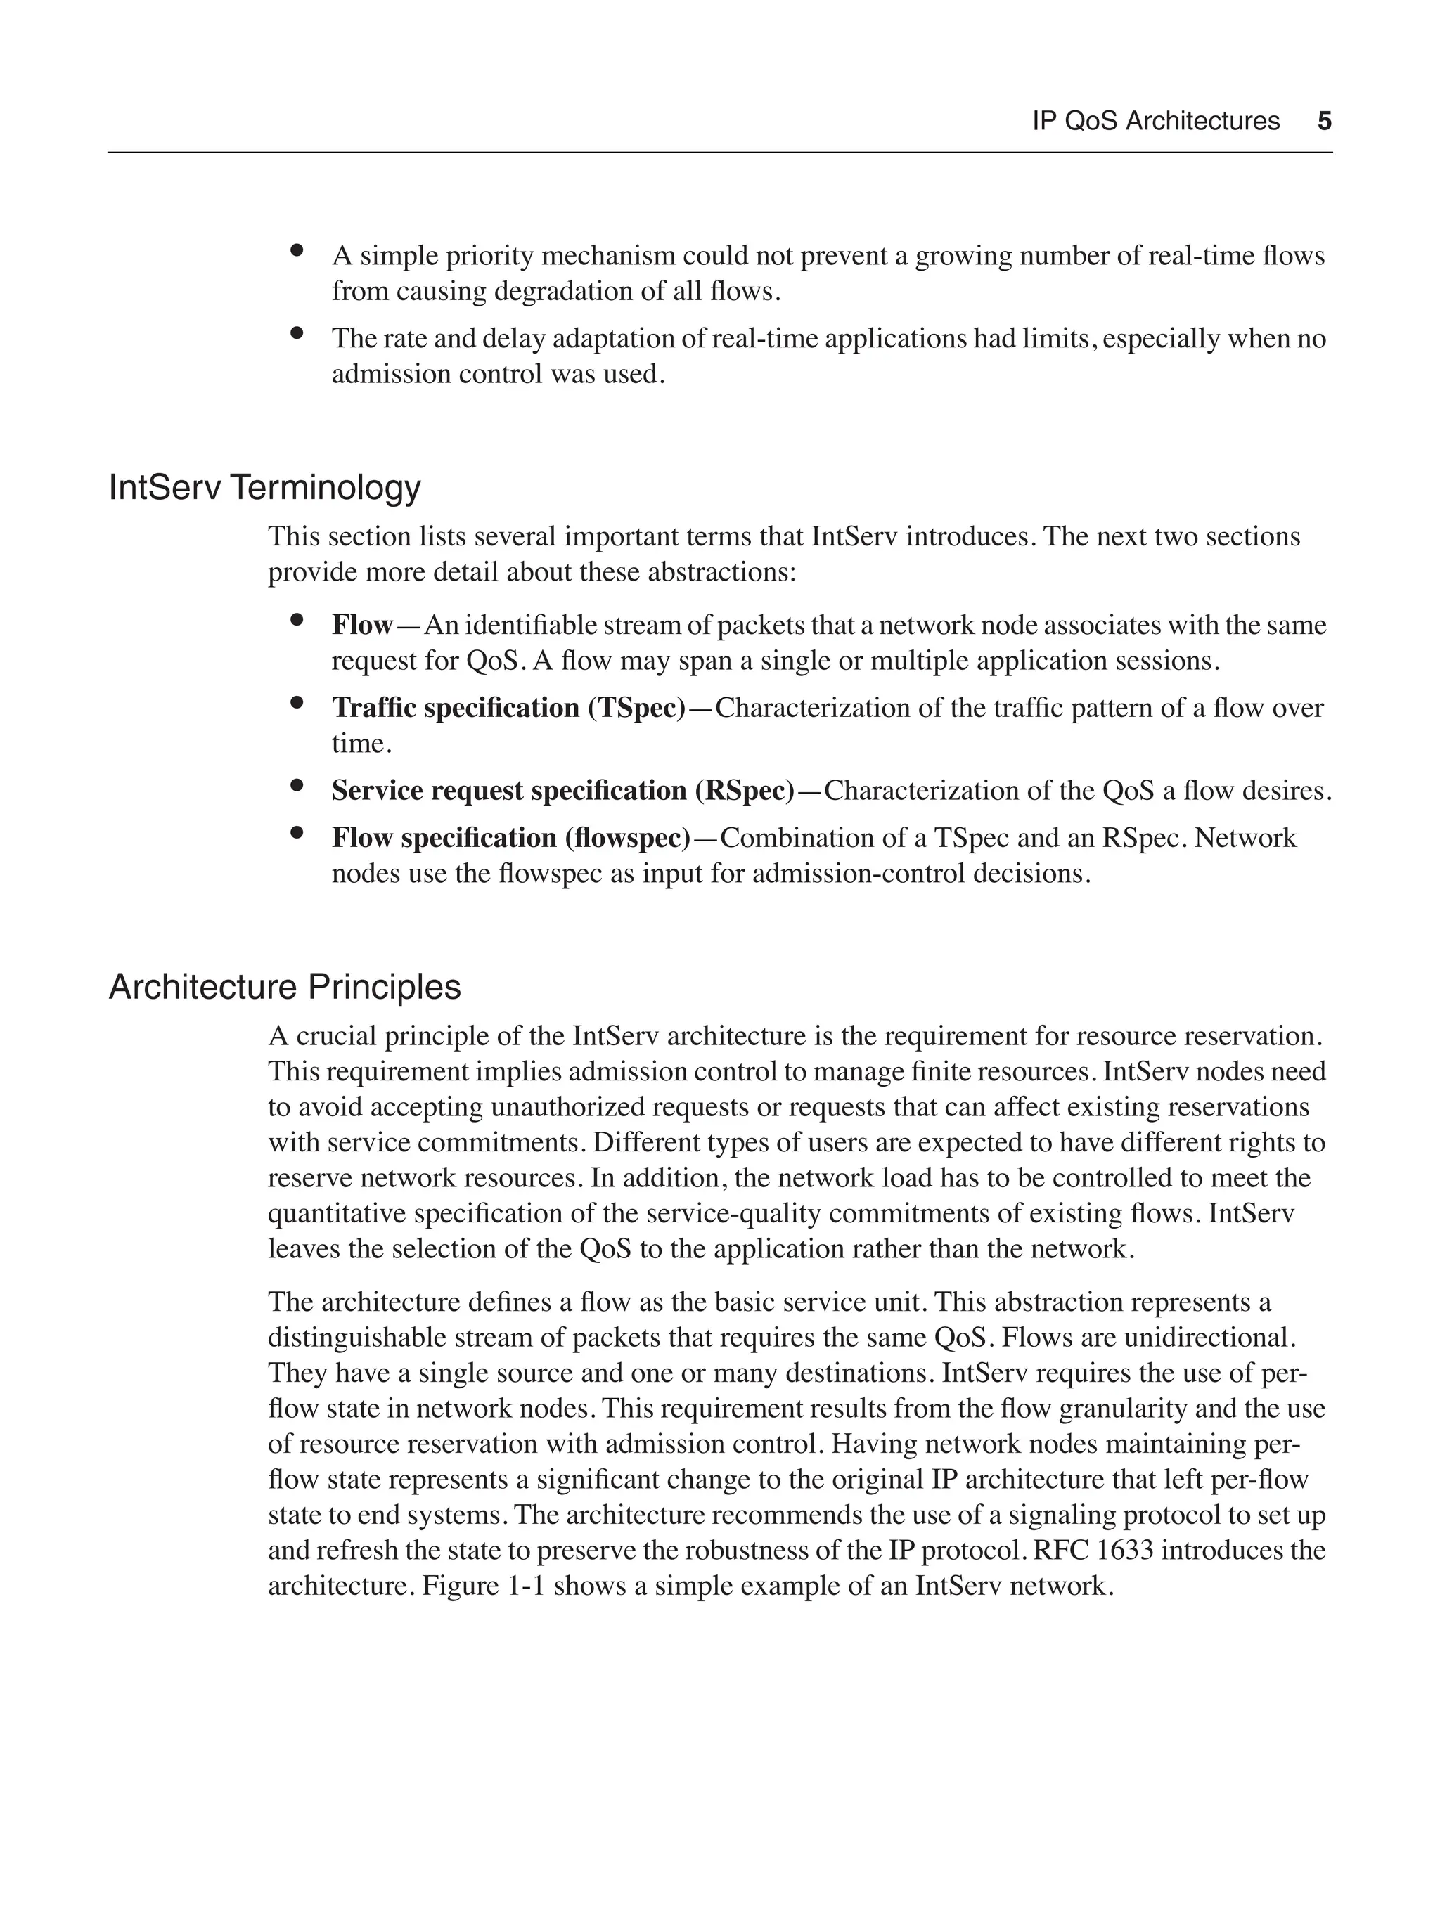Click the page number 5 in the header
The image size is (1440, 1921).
(x=1323, y=121)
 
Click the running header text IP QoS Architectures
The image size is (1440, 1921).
(x=1155, y=121)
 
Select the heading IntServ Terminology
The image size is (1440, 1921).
(x=264, y=487)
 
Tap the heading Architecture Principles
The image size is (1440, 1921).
(x=285, y=987)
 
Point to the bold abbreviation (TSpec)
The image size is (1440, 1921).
(x=636, y=708)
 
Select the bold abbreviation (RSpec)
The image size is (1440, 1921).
(x=745, y=790)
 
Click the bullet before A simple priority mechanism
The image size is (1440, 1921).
(x=296, y=250)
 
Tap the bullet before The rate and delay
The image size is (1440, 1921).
(x=296, y=332)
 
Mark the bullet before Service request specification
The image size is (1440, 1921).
(x=296, y=785)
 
